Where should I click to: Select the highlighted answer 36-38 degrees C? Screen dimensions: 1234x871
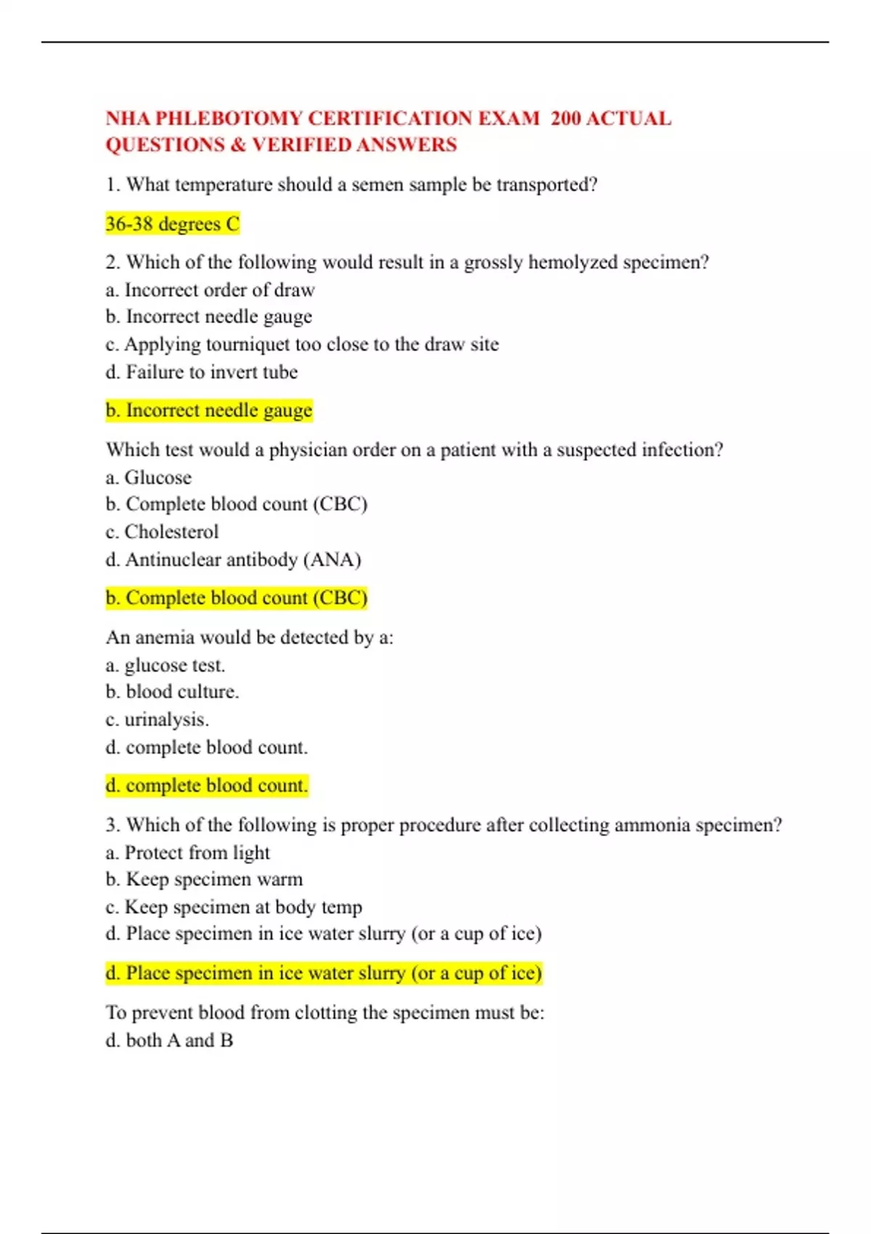click(x=172, y=224)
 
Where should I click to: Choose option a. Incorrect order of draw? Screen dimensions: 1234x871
click(x=210, y=290)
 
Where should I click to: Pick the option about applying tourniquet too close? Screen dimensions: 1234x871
click(x=302, y=344)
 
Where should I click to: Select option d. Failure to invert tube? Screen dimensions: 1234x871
click(x=201, y=372)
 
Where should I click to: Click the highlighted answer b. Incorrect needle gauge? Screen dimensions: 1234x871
click(x=208, y=410)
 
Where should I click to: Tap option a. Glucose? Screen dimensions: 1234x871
click(x=148, y=477)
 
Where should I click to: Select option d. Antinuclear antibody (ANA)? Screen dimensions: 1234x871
click(x=233, y=559)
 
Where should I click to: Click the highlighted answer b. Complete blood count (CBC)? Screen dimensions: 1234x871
click(x=236, y=597)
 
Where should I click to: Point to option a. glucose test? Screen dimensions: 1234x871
click(x=165, y=665)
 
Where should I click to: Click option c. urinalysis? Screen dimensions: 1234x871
click(x=157, y=719)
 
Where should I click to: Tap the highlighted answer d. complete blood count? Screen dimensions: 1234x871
click(x=206, y=785)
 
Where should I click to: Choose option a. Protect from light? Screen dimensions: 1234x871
click(x=187, y=852)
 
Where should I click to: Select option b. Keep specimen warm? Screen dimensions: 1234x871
click(x=204, y=879)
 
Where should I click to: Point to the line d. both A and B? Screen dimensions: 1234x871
click(x=169, y=1040)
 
